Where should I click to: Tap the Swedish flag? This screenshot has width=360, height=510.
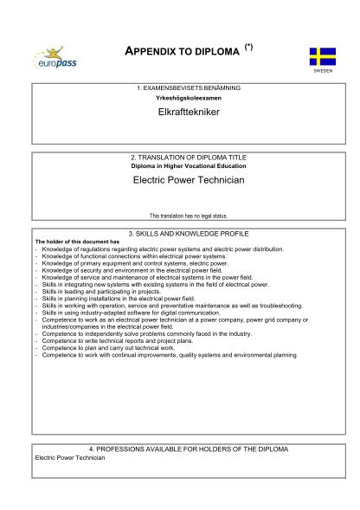pyautogui.click(x=322, y=56)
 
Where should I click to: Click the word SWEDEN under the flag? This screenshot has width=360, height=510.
pyautogui.click(x=322, y=72)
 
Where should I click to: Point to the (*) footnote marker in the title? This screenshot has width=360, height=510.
pyautogui.click(x=249, y=43)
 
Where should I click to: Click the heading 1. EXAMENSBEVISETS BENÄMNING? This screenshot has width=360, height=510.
pyautogui.click(x=188, y=88)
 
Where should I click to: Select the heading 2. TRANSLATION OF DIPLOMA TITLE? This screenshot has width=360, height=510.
pyautogui.click(x=188, y=158)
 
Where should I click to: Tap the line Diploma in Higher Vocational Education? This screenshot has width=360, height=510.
pyautogui.click(x=188, y=165)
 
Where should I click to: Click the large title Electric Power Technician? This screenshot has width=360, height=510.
pyautogui.click(x=188, y=180)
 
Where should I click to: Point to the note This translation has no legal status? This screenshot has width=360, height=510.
pyautogui.click(x=188, y=216)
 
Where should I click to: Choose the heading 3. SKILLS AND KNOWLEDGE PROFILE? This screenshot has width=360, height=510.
pyautogui.click(x=188, y=234)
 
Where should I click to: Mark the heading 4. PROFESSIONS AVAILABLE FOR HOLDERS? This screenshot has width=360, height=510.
pyautogui.click(x=188, y=449)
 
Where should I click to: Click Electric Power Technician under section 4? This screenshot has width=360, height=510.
pyautogui.click(x=69, y=457)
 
